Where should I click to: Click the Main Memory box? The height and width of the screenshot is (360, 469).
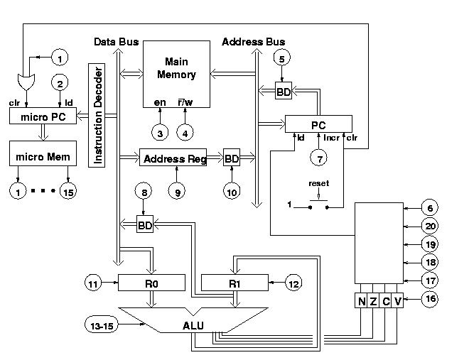pos(176,74)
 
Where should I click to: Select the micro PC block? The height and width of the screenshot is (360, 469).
pos(43,116)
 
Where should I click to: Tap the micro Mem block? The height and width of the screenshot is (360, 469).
pos(43,153)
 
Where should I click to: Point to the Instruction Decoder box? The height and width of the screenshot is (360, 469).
pos(97,115)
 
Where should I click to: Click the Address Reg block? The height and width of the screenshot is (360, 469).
pos(173,158)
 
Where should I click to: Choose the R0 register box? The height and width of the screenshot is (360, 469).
pos(151,283)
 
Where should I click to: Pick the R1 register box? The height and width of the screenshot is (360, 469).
pos(234,283)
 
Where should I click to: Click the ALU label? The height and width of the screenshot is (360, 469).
pos(193,325)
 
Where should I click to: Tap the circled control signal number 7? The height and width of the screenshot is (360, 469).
pos(319,158)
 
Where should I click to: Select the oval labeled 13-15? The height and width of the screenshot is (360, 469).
pos(102,325)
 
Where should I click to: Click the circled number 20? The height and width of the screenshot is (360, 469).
pos(430,227)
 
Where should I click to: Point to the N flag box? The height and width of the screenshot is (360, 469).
pos(361,300)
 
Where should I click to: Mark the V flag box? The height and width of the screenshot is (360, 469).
pos(397,300)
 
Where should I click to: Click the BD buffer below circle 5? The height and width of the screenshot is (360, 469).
pos(284,91)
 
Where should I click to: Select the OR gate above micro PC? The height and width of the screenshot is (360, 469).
pos(26,82)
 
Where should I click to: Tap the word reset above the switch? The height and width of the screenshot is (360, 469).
pos(319,183)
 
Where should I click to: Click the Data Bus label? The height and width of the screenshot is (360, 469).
pos(117,42)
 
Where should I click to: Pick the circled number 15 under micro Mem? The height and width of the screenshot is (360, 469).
pos(68,191)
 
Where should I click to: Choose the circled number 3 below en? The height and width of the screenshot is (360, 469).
pos(160,133)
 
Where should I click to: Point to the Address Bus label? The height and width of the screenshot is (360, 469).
pos(254,42)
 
